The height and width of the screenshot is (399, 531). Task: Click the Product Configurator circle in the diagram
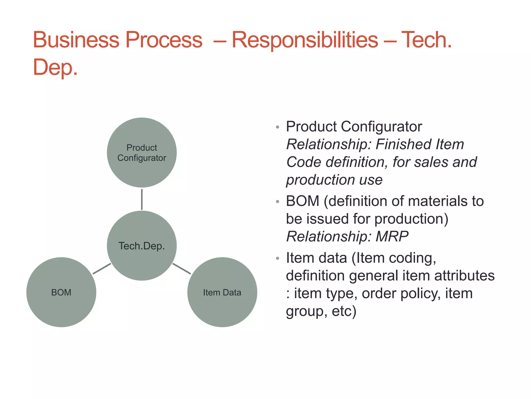142,152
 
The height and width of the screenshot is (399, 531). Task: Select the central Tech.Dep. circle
142,245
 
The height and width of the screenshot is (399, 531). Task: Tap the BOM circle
61,292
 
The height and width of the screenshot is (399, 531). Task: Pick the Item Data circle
222,292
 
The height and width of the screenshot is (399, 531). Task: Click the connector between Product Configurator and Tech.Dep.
142,199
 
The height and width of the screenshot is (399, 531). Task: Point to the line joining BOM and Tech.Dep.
102,269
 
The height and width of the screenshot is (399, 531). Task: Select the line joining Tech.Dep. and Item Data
182,269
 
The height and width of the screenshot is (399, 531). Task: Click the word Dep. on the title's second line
55,67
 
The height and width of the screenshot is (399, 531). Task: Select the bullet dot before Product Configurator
277,127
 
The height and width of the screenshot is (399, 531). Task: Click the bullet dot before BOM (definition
277,202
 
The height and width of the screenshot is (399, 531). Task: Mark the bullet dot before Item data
277,258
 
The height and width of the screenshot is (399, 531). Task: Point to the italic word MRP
392,236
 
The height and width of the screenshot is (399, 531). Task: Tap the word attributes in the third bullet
464,275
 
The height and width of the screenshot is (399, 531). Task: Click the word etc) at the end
344,311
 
